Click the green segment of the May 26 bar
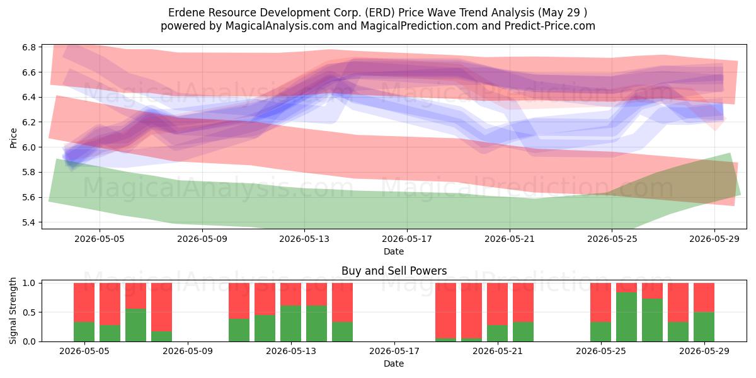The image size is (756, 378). click(x=626, y=317)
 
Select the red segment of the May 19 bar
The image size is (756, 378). click(x=445, y=311)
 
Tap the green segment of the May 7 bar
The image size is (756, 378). click(x=135, y=325)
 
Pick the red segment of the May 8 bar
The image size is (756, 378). click(x=161, y=307)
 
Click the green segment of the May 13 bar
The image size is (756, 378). click(x=290, y=324)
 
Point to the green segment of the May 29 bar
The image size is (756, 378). click(x=704, y=327)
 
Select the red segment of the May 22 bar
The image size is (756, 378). click(x=523, y=302)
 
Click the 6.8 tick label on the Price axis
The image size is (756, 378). click(x=29, y=47)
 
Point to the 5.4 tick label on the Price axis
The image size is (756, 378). click(x=29, y=222)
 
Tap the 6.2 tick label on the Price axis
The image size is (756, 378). click(x=29, y=122)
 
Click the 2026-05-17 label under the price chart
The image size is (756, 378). click(x=407, y=239)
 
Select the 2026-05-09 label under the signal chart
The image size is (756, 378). click(x=188, y=351)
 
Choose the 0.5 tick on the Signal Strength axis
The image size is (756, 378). click(x=29, y=312)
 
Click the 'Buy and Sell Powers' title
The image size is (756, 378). click(x=394, y=271)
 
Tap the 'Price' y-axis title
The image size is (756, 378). click(x=13, y=138)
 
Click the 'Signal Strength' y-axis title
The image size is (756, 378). click(x=13, y=311)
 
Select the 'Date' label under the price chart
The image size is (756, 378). click(x=394, y=251)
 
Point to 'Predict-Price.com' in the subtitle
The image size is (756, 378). click(x=550, y=26)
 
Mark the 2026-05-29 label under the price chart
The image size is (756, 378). click(x=714, y=239)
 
